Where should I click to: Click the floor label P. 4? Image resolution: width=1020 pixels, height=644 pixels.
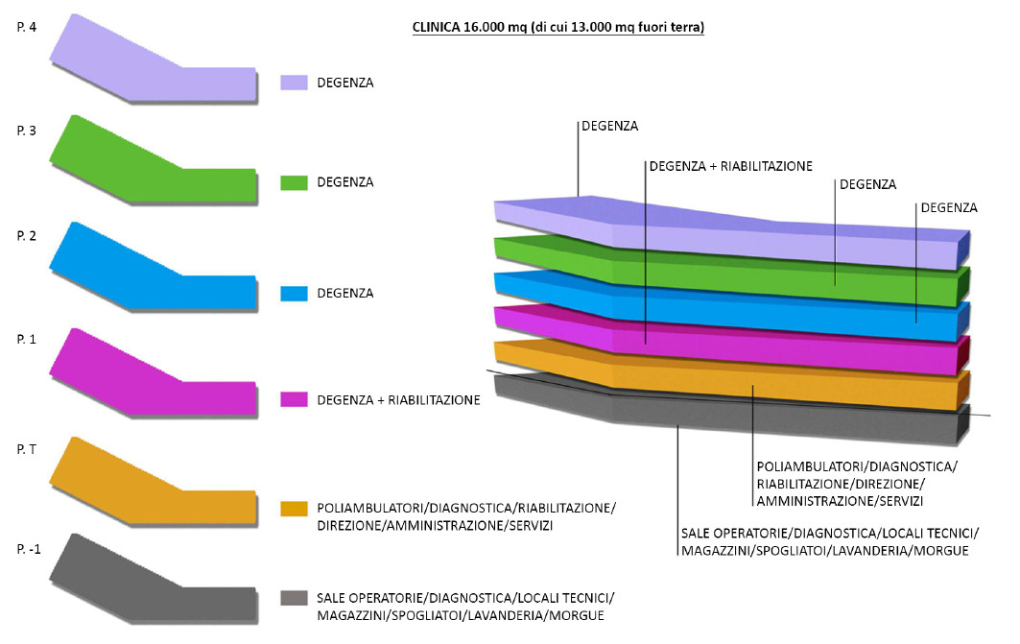(x=27, y=28)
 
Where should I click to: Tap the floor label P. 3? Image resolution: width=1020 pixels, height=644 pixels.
(x=27, y=131)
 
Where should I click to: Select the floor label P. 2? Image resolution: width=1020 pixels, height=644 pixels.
(x=27, y=236)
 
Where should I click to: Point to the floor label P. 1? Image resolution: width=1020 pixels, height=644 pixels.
(x=27, y=340)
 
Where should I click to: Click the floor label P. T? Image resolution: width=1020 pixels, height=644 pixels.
(x=27, y=449)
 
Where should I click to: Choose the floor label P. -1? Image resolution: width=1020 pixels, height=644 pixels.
(x=29, y=550)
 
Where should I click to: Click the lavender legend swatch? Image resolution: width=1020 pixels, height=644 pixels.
(x=294, y=83)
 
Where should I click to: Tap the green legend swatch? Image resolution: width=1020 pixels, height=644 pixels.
(x=294, y=182)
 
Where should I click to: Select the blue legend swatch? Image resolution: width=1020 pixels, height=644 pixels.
(x=294, y=293)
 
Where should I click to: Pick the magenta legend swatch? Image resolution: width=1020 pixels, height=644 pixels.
(x=294, y=399)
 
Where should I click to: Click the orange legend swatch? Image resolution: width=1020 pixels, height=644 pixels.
(x=294, y=509)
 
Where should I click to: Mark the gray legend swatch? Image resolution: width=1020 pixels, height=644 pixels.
(x=294, y=598)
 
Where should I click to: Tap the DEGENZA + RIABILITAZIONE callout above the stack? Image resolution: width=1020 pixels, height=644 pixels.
(x=731, y=167)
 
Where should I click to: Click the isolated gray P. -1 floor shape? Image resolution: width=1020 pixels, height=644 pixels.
(x=154, y=579)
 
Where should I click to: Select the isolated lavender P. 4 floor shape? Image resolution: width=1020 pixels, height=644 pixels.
(x=154, y=59)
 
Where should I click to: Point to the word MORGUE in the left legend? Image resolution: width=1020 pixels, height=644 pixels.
(x=577, y=615)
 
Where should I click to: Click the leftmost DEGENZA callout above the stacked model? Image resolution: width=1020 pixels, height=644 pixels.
(x=609, y=126)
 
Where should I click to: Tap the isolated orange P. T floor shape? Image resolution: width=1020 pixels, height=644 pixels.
(x=154, y=482)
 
